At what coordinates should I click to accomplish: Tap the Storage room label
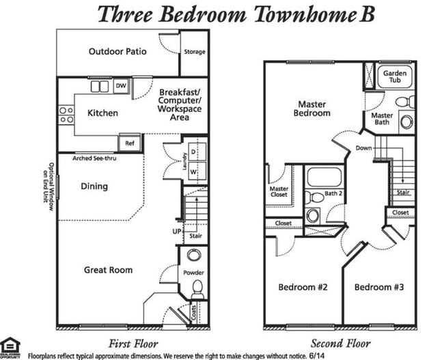pyautogui.click(x=194, y=52)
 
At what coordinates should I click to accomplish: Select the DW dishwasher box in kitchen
pyautogui.click(x=121, y=85)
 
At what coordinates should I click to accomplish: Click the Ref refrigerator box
pyautogui.click(x=129, y=143)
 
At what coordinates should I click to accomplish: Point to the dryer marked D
pyautogui.click(x=193, y=150)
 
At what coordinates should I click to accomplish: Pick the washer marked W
pyautogui.click(x=193, y=171)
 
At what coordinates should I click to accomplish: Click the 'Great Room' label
pyautogui.click(x=108, y=270)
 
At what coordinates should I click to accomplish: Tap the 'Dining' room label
pyautogui.click(x=94, y=186)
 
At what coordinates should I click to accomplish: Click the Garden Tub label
pyautogui.click(x=395, y=77)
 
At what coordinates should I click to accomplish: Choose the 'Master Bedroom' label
pyautogui.click(x=314, y=109)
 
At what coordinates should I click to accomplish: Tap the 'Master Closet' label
pyautogui.click(x=279, y=192)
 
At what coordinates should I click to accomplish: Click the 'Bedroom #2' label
pyautogui.click(x=303, y=288)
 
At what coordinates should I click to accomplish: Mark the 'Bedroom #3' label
pyautogui.click(x=379, y=288)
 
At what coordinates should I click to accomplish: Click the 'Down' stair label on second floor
pyautogui.click(x=364, y=148)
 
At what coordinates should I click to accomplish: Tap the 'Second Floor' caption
pyautogui.click(x=341, y=343)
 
